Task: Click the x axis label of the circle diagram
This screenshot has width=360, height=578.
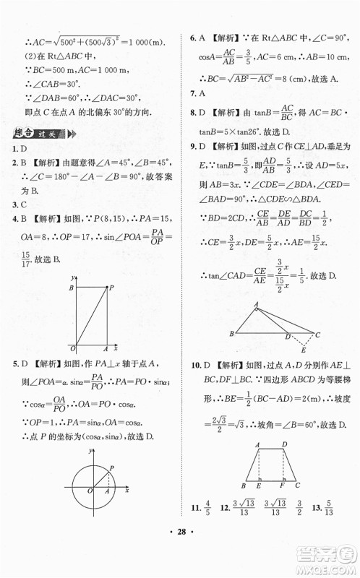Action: pos(127,490)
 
